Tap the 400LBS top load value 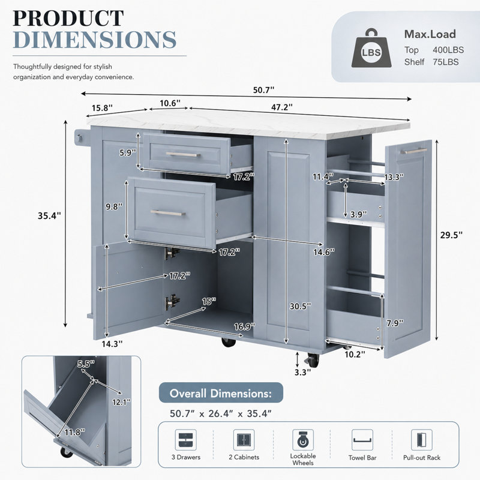tap(448, 50)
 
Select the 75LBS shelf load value tap(446, 62)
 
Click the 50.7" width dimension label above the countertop tap(263, 90)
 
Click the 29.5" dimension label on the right tap(451, 235)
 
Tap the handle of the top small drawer tap(183, 155)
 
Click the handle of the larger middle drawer tap(168, 213)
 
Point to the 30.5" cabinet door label tap(301, 306)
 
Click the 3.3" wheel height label tap(302, 372)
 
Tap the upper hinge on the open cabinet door tap(172, 253)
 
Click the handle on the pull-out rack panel tap(413, 151)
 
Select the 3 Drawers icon tap(186, 440)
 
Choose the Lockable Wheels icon tap(303, 440)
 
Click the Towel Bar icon tap(362, 440)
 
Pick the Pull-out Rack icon tap(422, 440)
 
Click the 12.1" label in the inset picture tap(121, 402)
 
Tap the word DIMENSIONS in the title tap(95, 40)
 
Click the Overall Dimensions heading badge tap(221, 393)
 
